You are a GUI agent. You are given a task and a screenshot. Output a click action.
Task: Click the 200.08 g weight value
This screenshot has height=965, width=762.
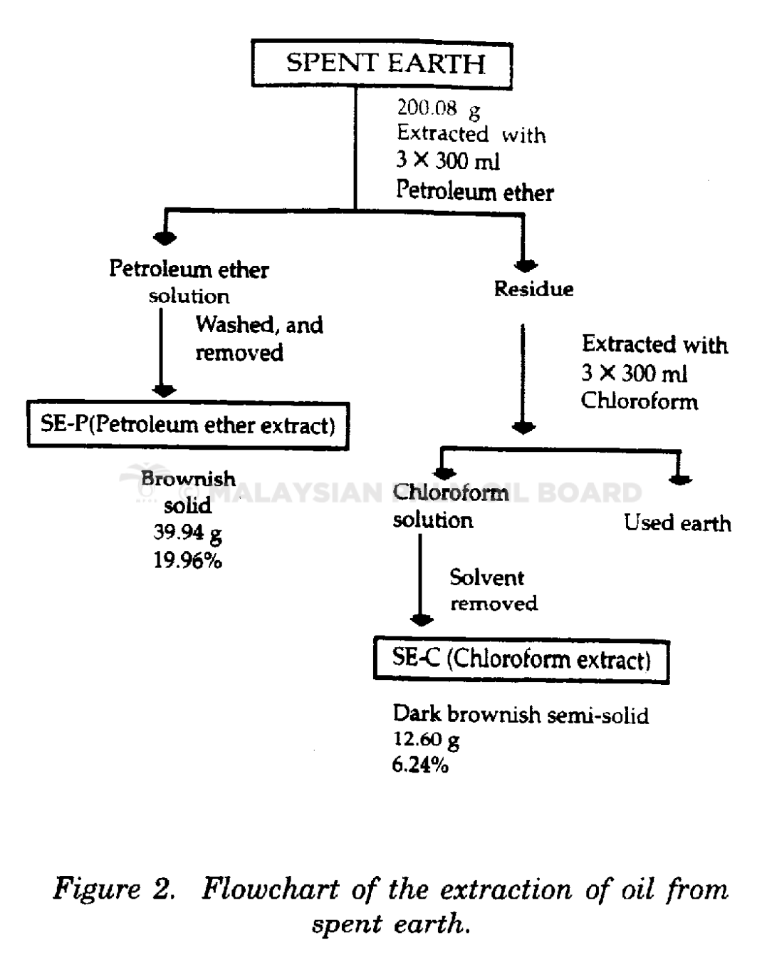439,109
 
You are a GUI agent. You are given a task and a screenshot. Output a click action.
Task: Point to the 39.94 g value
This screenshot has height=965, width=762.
188,534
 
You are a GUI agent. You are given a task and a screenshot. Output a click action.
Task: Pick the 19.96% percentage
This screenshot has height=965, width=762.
188,560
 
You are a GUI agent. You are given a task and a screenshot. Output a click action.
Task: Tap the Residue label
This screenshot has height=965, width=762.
533,289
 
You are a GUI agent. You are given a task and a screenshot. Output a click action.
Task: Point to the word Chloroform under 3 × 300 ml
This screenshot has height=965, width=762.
640,401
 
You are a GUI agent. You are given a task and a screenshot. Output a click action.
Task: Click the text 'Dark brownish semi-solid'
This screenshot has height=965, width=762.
521,715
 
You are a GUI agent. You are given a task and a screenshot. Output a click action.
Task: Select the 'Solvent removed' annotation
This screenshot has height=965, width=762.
494,590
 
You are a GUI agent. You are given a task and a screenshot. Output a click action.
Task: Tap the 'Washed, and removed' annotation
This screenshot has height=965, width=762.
259,338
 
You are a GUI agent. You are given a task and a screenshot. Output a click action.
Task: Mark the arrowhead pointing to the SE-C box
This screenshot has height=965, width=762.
422,620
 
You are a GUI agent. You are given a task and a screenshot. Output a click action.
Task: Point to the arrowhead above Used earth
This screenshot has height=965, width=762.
680,480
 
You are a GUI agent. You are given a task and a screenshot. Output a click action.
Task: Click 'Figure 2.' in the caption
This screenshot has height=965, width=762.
114,889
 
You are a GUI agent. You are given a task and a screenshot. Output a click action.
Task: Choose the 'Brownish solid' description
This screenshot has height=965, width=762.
188,492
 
